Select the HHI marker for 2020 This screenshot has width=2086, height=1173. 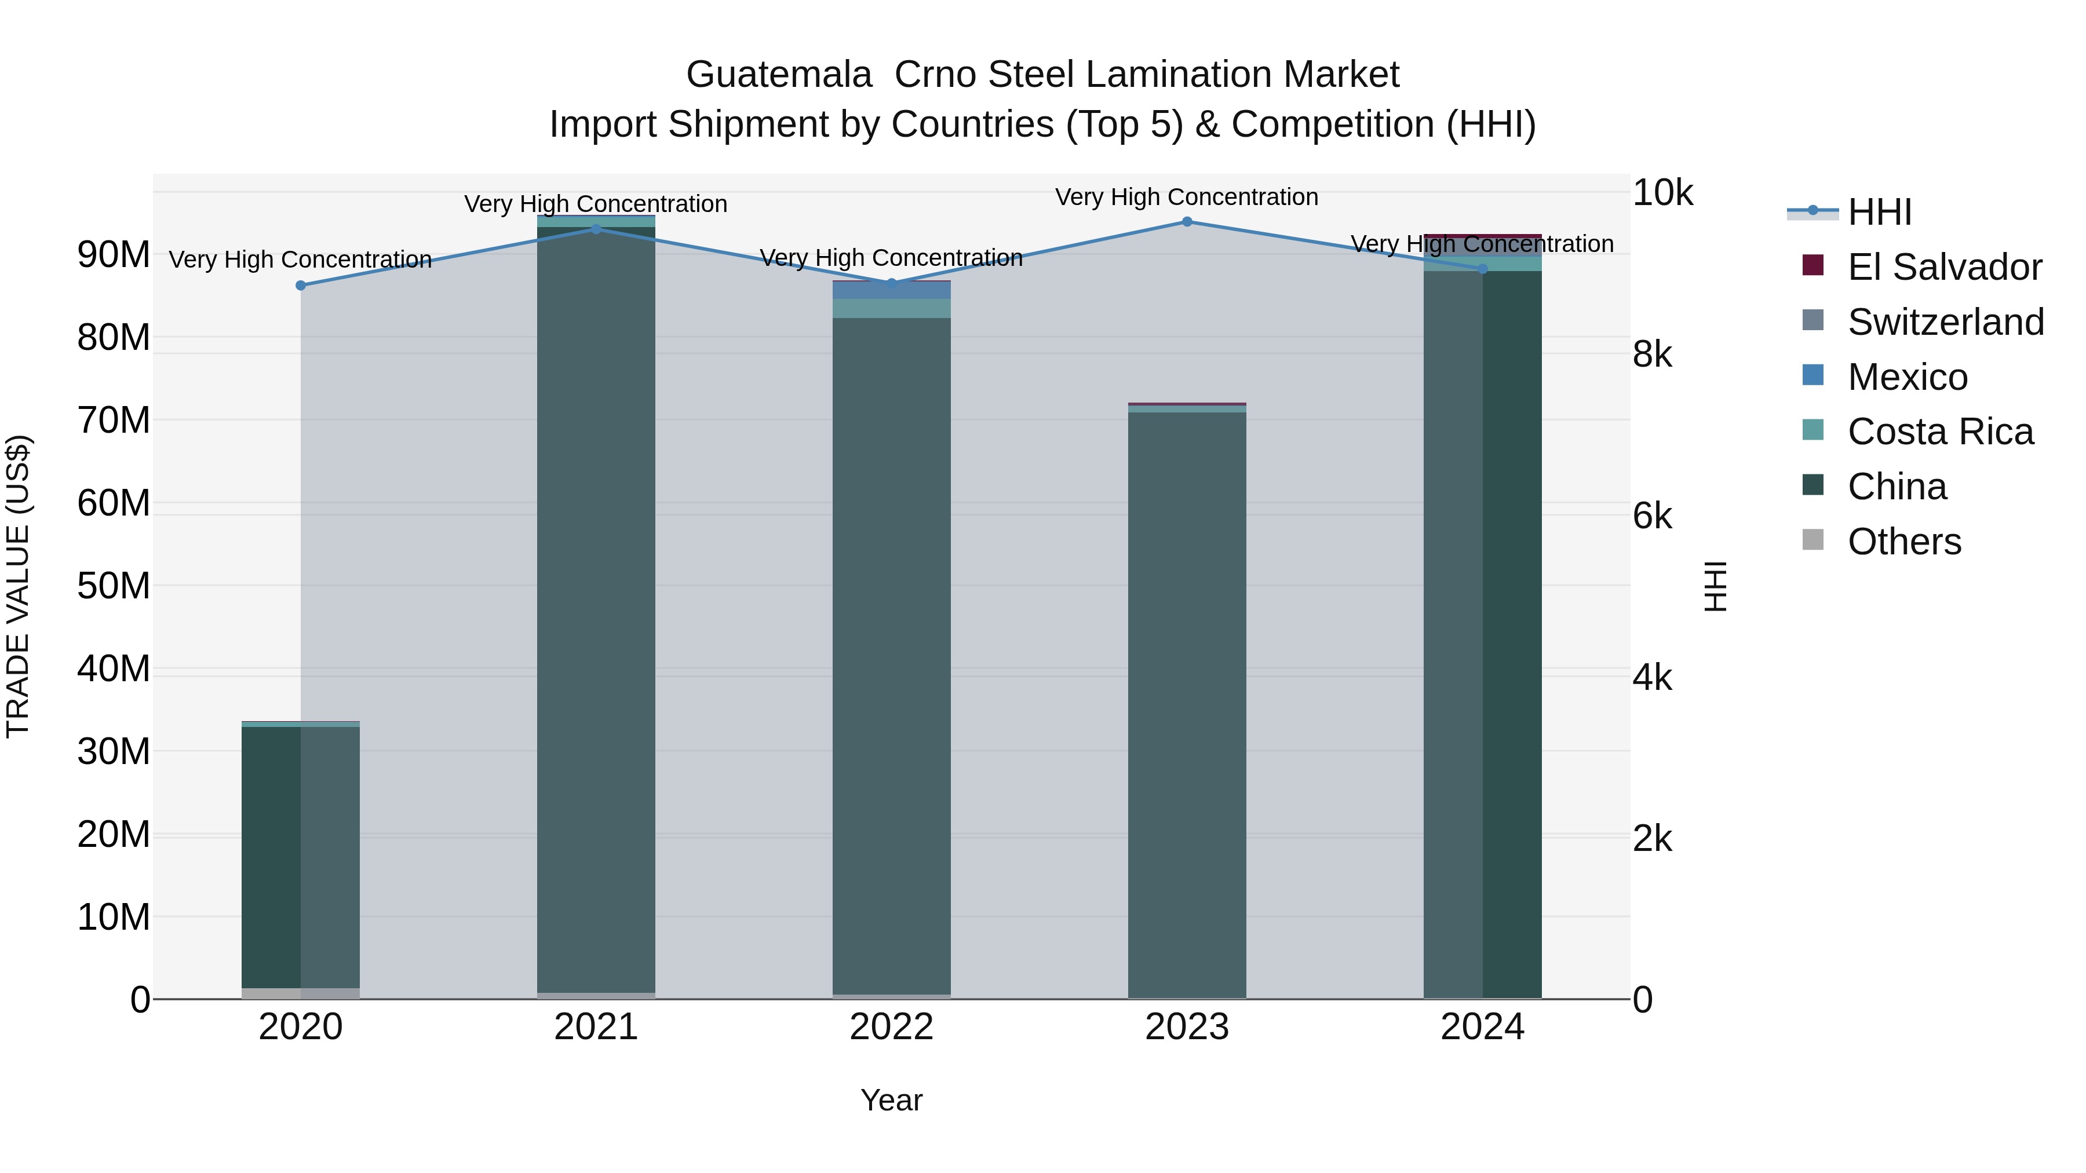(300, 286)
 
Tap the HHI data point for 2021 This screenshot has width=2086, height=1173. (596, 229)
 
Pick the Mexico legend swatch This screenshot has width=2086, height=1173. (1813, 375)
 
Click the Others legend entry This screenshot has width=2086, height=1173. (1903, 542)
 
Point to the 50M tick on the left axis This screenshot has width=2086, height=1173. (114, 586)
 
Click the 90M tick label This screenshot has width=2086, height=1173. (114, 255)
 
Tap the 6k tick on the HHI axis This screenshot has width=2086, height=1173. (1652, 517)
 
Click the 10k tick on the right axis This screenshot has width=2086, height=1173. (1662, 193)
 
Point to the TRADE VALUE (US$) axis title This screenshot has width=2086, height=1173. (18, 586)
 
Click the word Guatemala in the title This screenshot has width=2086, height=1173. (779, 75)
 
